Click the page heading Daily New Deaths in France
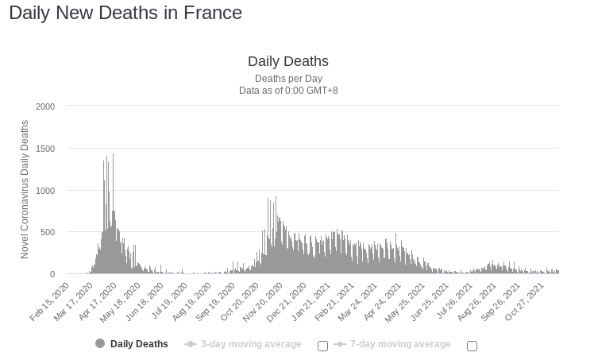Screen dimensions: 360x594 (125, 14)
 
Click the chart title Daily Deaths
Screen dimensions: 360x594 (287, 61)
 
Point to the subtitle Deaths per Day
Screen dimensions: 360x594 (288, 79)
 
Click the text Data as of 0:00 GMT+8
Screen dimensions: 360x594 (288, 91)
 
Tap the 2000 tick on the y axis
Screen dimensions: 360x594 (45, 106)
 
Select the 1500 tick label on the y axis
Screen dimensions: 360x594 (45, 149)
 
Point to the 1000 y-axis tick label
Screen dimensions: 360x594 (45, 191)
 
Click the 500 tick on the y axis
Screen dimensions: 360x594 (48, 232)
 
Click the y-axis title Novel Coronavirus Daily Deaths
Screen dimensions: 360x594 (25, 189)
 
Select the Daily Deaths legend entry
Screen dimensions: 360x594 (139, 344)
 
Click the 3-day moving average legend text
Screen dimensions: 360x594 (250, 344)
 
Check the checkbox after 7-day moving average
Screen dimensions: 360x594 (472, 346)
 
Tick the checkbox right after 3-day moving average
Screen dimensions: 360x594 (322, 346)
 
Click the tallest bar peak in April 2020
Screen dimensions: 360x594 (113, 155)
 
